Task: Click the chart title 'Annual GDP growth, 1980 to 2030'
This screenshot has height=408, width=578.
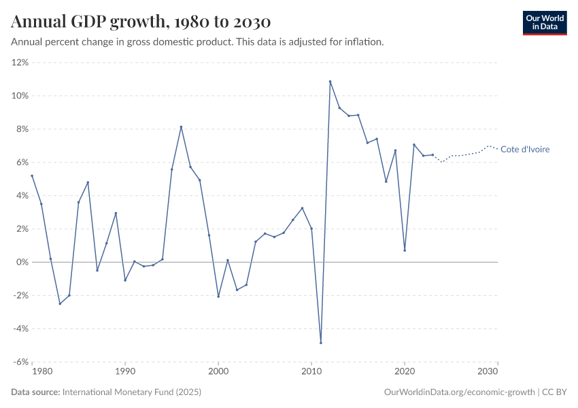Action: tap(141, 22)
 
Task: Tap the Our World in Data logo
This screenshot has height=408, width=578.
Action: tap(544, 22)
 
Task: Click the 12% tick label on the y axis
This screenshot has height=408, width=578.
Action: tap(20, 63)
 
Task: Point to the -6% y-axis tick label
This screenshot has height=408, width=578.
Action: tap(20, 362)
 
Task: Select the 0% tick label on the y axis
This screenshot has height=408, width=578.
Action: tap(22, 262)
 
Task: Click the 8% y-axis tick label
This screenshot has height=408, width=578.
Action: tap(22, 129)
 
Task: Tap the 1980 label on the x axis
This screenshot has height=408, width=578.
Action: tap(41, 372)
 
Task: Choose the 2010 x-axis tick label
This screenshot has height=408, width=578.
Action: tap(311, 372)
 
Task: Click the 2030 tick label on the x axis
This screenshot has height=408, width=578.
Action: tap(488, 372)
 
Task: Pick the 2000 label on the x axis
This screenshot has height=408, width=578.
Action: tap(218, 372)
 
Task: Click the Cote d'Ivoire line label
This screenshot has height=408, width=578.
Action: tap(524, 150)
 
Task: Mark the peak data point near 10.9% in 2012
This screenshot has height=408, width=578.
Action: tap(330, 82)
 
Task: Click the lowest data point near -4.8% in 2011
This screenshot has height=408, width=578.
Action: tap(321, 343)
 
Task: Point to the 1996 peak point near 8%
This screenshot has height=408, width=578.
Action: tap(181, 126)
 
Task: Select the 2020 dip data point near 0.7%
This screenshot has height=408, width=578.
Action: tap(405, 250)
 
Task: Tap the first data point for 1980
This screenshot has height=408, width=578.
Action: tap(32, 175)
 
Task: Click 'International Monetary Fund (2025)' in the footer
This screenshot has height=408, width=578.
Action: tap(131, 392)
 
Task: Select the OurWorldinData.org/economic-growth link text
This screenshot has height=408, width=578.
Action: tap(460, 392)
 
